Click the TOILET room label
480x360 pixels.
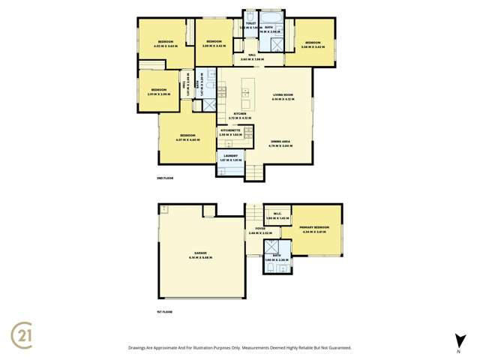[250, 23]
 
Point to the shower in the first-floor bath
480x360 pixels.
[268, 248]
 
